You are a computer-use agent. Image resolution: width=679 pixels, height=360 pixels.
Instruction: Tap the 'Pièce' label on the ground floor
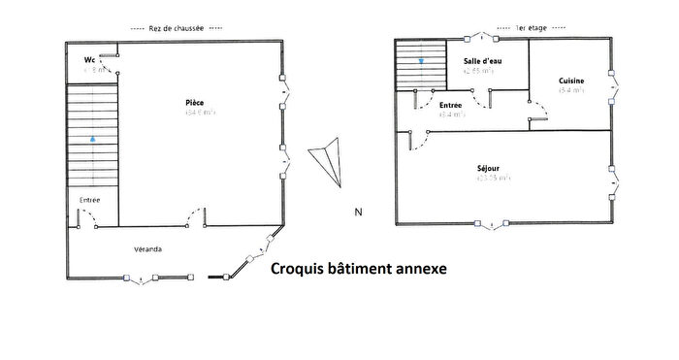[x=195, y=103]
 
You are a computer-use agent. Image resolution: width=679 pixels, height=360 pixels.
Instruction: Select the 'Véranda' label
[x=147, y=249]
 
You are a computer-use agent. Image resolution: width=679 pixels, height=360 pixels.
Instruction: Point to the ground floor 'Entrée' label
[x=88, y=201]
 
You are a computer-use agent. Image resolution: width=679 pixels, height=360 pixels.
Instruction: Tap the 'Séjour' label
[x=490, y=166]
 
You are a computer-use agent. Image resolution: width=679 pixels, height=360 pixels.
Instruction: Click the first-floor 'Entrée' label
[x=450, y=104]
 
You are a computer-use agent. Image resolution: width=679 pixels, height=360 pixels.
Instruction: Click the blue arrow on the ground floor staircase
[x=92, y=138]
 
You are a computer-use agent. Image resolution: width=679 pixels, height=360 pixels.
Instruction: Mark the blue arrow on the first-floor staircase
[x=421, y=61]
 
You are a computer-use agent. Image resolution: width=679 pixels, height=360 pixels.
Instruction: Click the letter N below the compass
[x=358, y=212]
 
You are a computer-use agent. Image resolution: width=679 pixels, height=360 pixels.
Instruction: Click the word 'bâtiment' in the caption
[x=359, y=269]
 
